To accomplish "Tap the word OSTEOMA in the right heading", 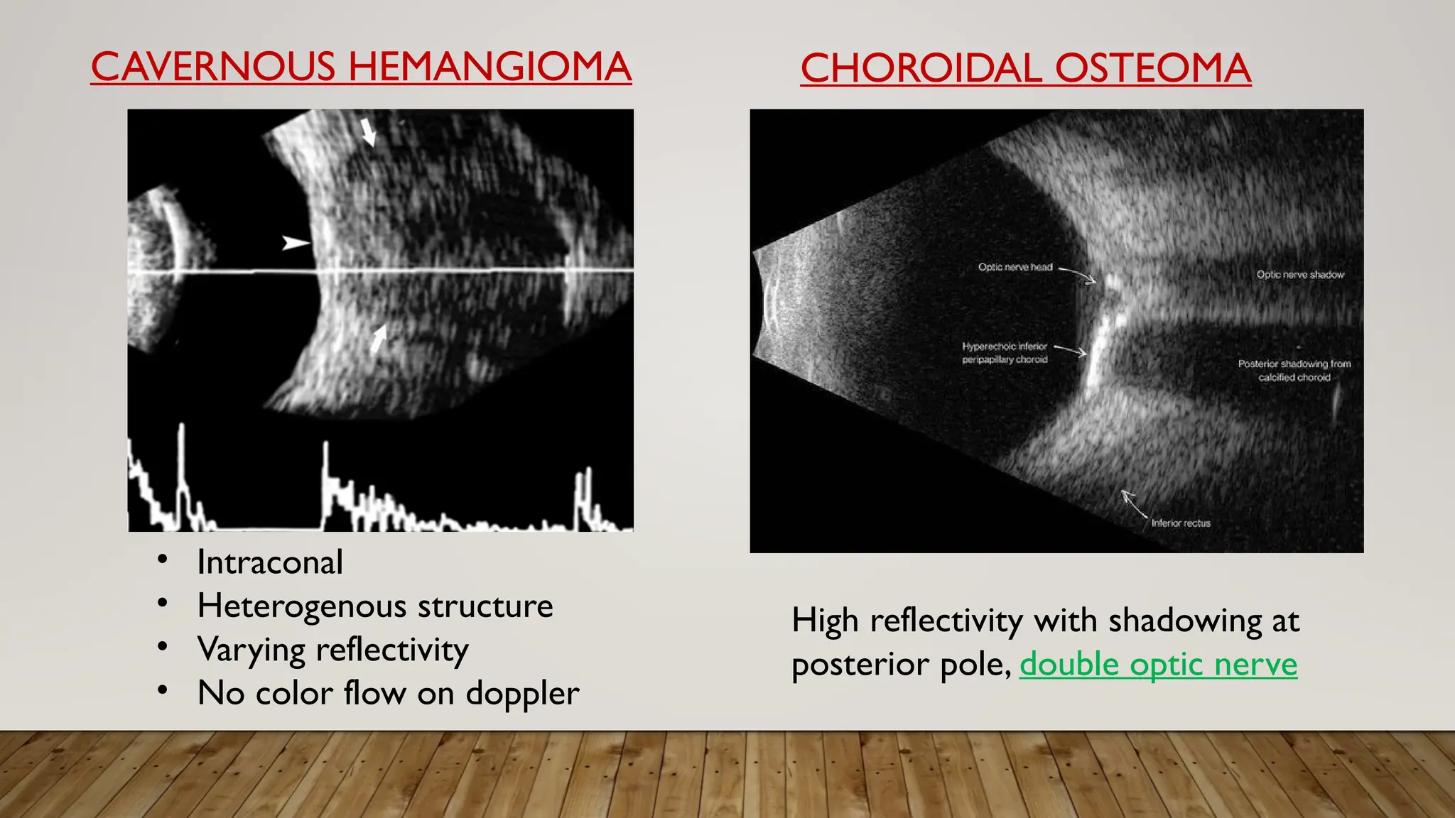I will coord(1152,69).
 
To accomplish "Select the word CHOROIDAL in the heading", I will coord(921,69).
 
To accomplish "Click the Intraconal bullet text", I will coord(270,562).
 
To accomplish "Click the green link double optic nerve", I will coord(1158,665).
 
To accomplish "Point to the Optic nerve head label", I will coord(1015,267).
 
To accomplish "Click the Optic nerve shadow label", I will coord(1300,275).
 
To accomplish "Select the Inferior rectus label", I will coord(1181,523).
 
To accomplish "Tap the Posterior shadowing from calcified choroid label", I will coord(1294,371).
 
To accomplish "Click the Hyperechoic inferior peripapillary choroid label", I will coord(1005,353).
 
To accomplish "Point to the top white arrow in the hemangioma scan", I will coord(368,132).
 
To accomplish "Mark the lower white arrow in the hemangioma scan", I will coord(378,339).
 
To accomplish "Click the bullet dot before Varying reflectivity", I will coord(163,646).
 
